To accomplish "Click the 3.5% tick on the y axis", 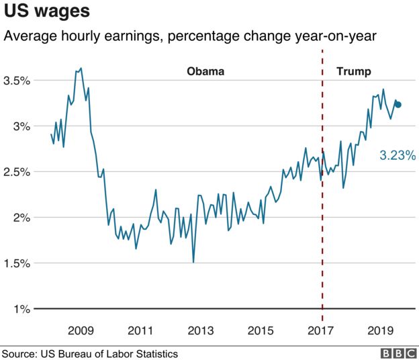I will pos(16,81).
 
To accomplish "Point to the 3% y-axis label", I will pos(20,127).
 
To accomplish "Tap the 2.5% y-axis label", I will pos(16,173).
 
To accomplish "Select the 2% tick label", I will pos(20,218).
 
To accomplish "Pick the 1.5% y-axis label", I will pos(16,264).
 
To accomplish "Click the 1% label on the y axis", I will pos(20,310).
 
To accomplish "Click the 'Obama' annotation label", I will pos(205,71).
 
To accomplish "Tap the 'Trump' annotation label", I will pos(353,71).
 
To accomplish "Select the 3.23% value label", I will pos(398,156).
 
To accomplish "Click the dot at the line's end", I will pos(398,104).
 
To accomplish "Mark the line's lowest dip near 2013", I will pos(193,261).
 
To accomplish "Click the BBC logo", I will pos(397,353).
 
